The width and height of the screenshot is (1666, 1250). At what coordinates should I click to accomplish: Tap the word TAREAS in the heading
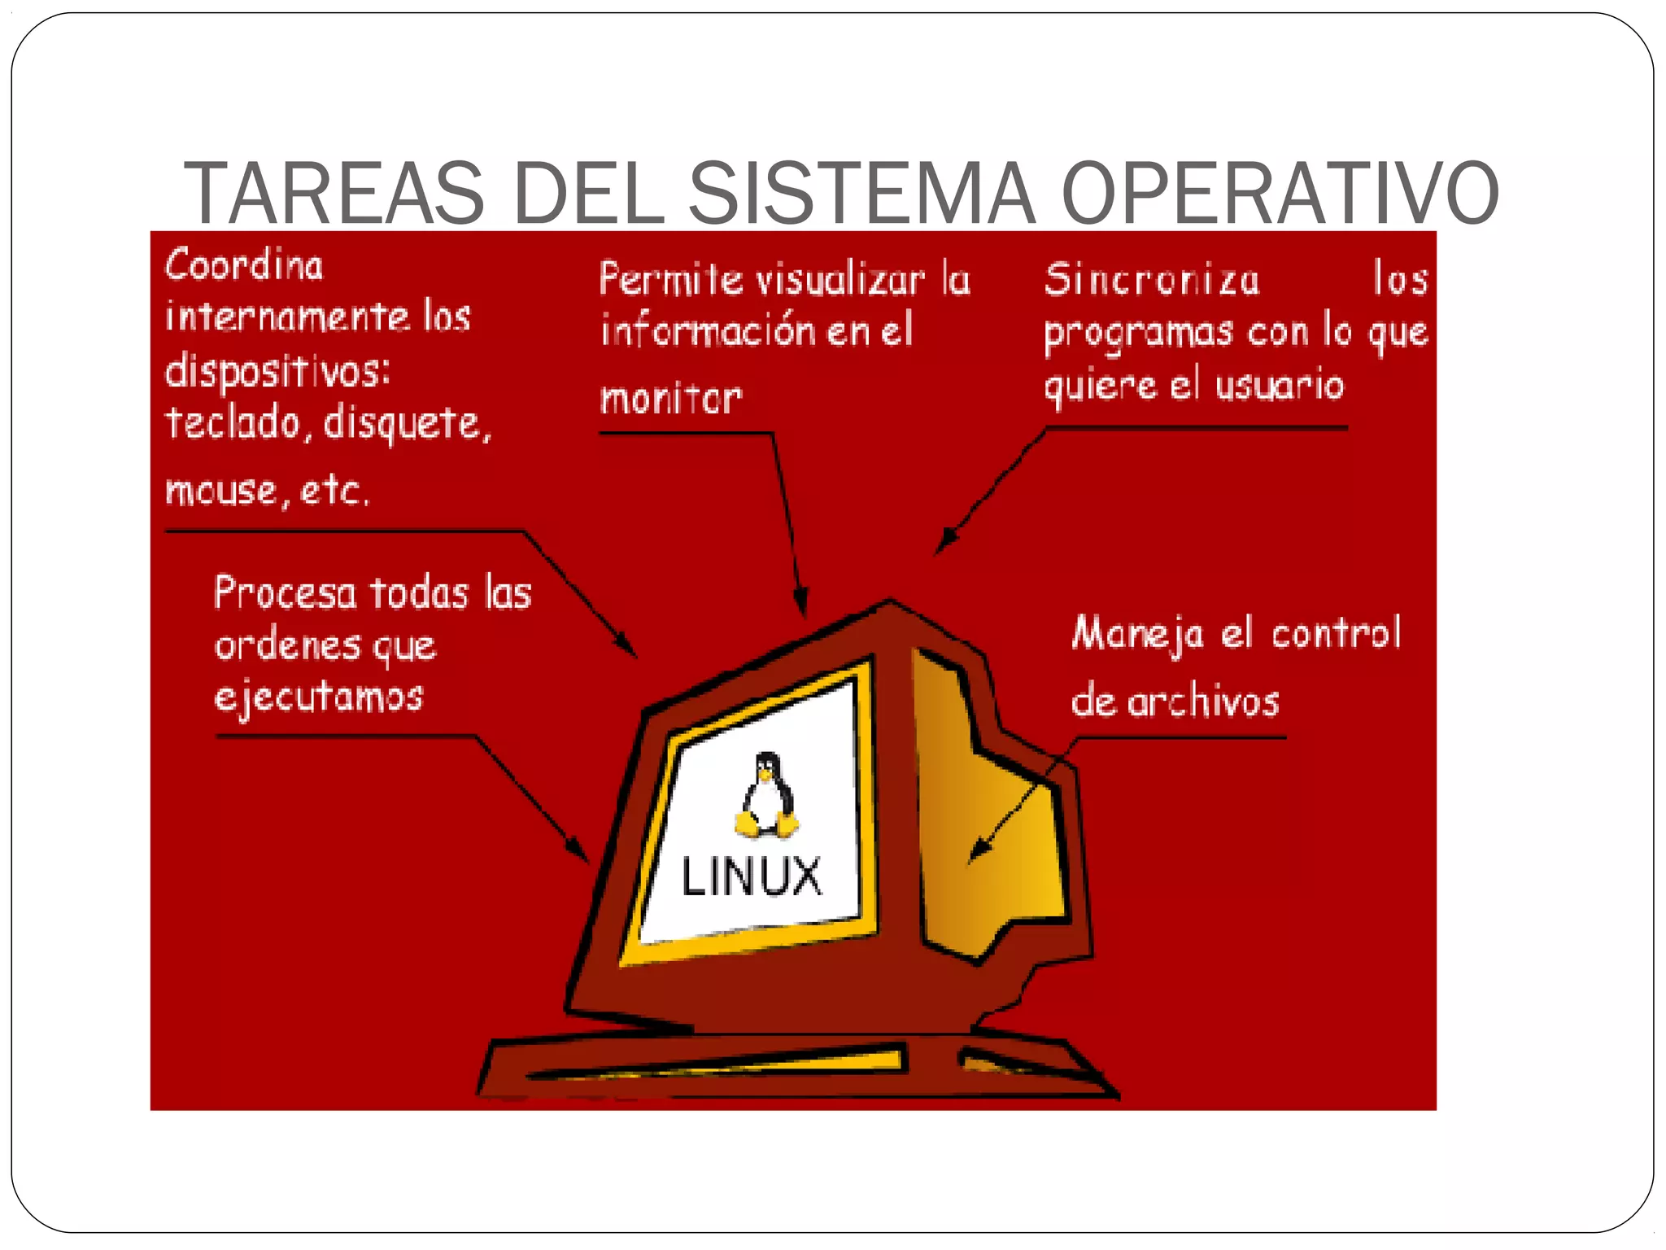click(334, 193)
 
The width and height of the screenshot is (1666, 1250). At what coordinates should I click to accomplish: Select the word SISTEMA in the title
click(862, 193)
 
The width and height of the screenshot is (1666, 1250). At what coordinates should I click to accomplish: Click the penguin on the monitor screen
click(765, 795)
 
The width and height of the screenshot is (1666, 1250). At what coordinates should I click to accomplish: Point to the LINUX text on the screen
click(752, 876)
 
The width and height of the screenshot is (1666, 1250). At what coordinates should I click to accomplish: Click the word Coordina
click(244, 265)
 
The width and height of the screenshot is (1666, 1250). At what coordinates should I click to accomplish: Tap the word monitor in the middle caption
click(671, 399)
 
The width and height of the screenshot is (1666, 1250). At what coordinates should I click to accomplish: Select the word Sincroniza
click(1152, 280)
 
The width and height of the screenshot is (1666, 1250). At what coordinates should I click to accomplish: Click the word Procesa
click(285, 592)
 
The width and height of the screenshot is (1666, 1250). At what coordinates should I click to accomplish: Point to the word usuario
click(1280, 385)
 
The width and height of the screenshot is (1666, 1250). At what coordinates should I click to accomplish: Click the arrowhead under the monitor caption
click(802, 603)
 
